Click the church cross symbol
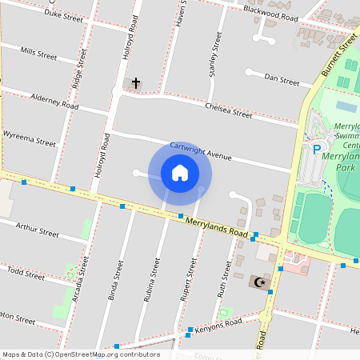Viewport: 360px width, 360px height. pos(136,83)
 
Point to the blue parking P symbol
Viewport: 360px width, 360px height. pos(317,149)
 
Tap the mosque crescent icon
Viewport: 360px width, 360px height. pos(258,282)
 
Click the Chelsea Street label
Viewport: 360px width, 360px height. pos(228,109)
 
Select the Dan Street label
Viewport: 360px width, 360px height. pos(282,80)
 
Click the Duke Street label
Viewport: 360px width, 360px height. pos(63,14)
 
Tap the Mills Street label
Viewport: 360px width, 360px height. pos(38,54)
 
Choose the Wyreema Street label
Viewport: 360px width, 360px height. pos(30,138)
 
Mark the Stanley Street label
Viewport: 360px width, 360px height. pos(214,54)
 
